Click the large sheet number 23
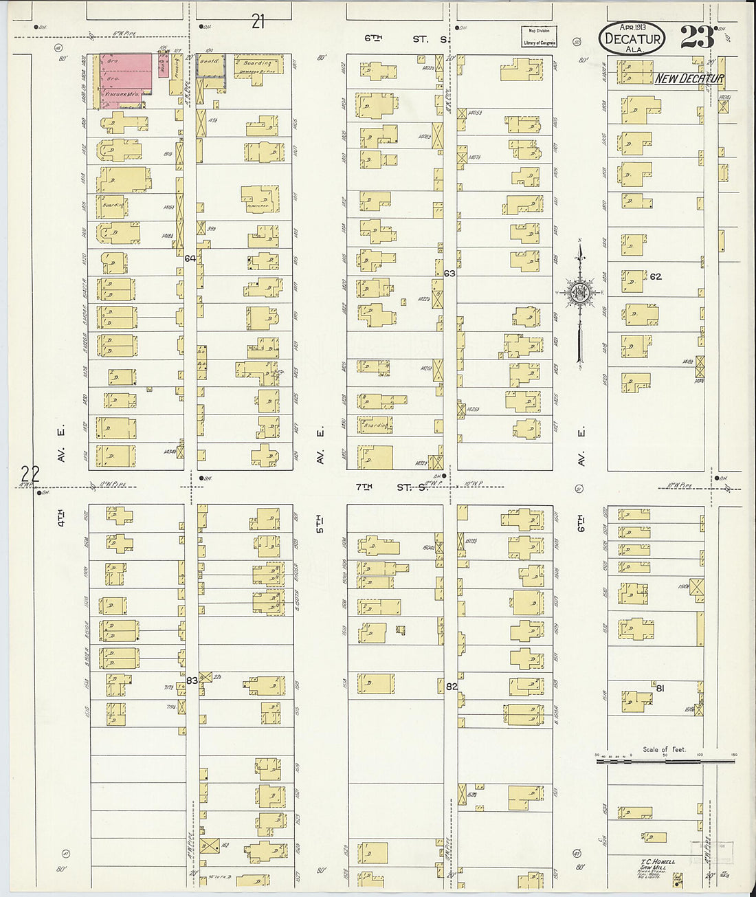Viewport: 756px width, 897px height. (x=698, y=37)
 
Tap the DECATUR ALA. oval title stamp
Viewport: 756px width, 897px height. (x=632, y=38)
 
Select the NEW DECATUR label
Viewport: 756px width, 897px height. (x=689, y=78)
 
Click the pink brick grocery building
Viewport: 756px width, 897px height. (x=126, y=79)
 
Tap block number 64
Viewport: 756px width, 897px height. (x=190, y=258)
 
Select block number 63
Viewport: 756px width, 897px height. (x=449, y=274)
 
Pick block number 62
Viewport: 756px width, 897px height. (x=656, y=276)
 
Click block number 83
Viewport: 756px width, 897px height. (x=192, y=680)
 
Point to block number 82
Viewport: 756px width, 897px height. (x=452, y=686)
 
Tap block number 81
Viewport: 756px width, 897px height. (x=660, y=687)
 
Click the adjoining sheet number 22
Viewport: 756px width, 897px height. (x=30, y=473)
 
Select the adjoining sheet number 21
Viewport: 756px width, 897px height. (x=258, y=22)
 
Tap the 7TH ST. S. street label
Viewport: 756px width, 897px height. (x=392, y=487)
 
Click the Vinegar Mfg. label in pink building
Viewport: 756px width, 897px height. (x=121, y=93)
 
